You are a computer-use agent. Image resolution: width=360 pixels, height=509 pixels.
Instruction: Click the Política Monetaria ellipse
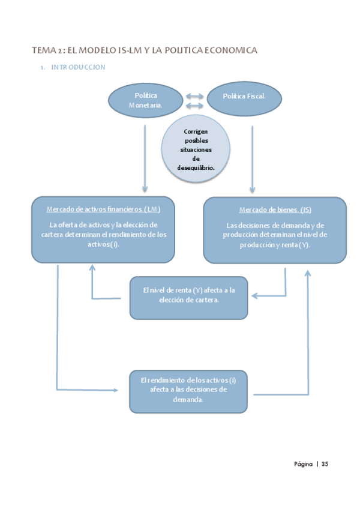pyautogui.click(x=145, y=100)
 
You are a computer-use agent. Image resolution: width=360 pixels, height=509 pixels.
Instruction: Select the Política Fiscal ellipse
pyautogui.click(x=244, y=98)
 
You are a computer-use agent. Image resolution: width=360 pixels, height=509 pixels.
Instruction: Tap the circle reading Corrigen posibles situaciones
pyautogui.click(x=196, y=149)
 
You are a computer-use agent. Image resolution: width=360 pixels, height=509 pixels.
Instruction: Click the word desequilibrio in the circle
pyautogui.click(x=196, y=168)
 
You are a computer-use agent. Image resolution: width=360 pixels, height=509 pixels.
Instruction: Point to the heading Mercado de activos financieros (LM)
pyautogui.click(x=103, y=209)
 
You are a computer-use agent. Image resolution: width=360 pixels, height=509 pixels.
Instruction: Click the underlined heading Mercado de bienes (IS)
pyautogui.click(x=275, y=210)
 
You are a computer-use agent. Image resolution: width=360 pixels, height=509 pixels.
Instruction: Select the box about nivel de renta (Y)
pyautogui.click(x=188, y=298)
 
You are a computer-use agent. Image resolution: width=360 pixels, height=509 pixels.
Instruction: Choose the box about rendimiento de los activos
pyautogui.click(x=188, y=391)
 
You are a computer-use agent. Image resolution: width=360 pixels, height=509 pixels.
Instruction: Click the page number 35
pyautogui.click(x=325, y=464)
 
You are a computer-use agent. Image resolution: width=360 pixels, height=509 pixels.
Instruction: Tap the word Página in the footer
pyautogui.click(x=303, y=464)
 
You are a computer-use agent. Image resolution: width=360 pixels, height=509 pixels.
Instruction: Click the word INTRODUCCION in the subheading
pyautogui.click(x=78, y=67)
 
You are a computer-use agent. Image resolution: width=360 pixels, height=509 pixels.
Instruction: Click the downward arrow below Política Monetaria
pyautogui.click(x=145, y=158)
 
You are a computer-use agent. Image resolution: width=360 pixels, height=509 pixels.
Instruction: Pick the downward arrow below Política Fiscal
pyautogui.click(x=252, y=160)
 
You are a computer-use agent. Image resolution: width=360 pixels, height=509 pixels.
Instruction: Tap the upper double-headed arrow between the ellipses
pyautogui.click(x=194, y=96)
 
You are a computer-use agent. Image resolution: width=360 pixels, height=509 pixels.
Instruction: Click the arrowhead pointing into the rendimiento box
pyautogui.click(x=116, y=390)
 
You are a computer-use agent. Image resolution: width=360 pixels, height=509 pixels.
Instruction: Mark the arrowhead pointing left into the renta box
pyautogui.click(x=254, y=296)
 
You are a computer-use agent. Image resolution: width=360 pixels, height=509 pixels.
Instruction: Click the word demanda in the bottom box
pyautogui.click(x=188, y=400)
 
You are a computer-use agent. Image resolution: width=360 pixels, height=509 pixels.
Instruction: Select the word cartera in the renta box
pyautogui.click(x=206, y=300)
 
